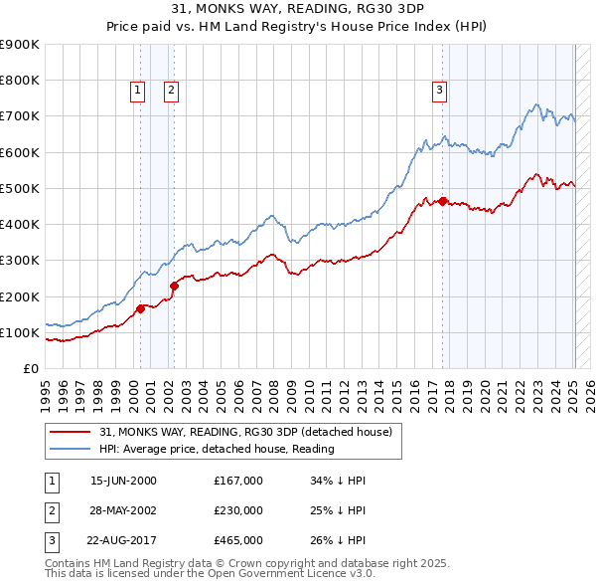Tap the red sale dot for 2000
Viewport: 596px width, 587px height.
(x=140, y=308)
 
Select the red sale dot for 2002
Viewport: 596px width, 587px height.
(x=174, y=286)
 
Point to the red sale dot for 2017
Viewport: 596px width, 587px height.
(x=443, y=201)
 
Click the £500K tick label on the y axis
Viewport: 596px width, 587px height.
(x=20, y=188)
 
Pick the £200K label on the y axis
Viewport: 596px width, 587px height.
(x=20, y=296)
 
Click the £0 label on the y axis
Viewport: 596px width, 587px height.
(x=30, y=368)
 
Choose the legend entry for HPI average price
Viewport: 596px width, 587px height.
(x=217, y=449)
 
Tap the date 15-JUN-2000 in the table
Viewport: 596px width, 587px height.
(x=123, y=481)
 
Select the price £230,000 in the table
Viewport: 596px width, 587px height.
(x=237, y=510)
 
